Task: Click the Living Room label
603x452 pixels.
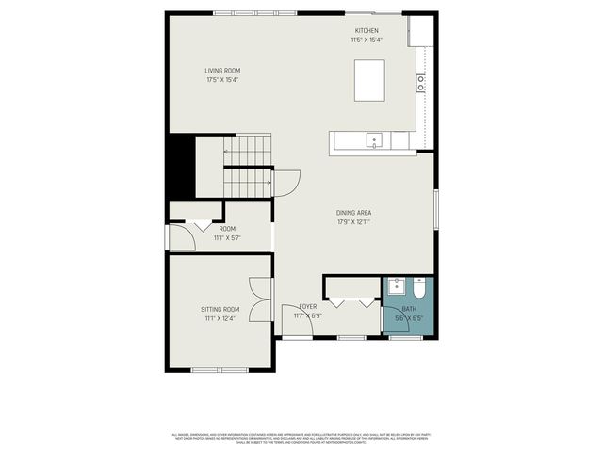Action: click(x=222, y=71)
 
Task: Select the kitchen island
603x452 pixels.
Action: click(x=369, y=79)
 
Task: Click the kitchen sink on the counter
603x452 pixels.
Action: click(x=375, y=141)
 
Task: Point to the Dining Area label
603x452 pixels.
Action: click(x=353, y=213)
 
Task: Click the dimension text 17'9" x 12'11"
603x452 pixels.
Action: click(x=353, y=222)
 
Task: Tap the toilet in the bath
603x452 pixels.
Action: click(x=419, y=286)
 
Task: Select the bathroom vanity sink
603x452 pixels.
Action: click(x=397, y=284)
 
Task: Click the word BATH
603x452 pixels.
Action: click(x=409, y=309)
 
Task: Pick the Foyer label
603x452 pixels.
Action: click(x=308, y=307)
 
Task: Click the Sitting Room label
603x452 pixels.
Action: click(x=220, y=309)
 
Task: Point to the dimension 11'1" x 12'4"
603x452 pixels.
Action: click(x=220, y=318)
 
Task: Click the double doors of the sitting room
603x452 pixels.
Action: click(x=262, y=299)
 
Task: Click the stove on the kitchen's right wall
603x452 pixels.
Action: click(x=421, y=83)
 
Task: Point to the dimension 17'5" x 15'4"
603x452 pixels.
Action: click(x=222, y=80)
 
